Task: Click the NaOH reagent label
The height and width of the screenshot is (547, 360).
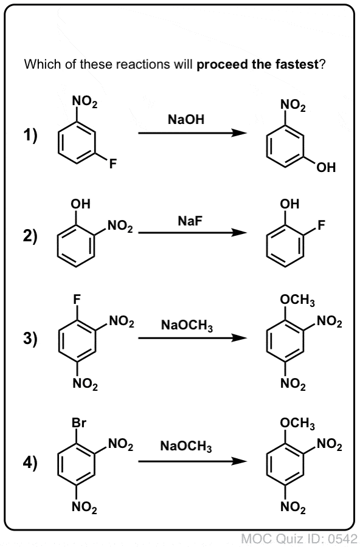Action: click(x=185, y=119)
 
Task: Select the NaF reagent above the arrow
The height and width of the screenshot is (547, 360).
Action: click(x=190, y=221)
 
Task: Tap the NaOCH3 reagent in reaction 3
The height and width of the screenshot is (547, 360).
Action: click(x=187, y=326)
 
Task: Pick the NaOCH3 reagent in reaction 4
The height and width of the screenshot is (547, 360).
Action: click(x=186, y=446)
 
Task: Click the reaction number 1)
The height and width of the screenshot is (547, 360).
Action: click(x=30, y=136)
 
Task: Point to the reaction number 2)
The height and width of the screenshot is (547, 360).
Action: click(x=30, y=236)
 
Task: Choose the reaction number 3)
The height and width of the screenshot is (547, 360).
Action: click(x=30, y=339)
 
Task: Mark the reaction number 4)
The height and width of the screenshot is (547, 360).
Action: click(x=30, y=463)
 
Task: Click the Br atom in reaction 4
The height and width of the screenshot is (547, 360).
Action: click(x=78, y=423)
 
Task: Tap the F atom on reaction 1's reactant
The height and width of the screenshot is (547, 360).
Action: click(x=112, y=163)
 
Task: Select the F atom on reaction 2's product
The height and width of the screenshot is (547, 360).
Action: click(x=321, y=225)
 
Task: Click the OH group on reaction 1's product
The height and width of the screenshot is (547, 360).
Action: click(x=326, y=168)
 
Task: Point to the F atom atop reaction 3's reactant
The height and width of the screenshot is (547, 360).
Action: click(x=77, y=299)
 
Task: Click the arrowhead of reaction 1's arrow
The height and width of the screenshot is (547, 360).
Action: click(x=240, y=133)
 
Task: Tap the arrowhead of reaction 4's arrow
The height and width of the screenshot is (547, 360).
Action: click(x=240, y=461)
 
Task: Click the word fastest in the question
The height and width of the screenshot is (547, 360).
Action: click(x=297, y=64)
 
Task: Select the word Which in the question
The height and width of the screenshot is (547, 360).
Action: click(x=38, y=64)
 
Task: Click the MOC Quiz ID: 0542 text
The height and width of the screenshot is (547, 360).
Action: click(x=299, y=538)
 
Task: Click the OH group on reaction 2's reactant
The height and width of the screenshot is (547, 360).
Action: click(x=80, y=204)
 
